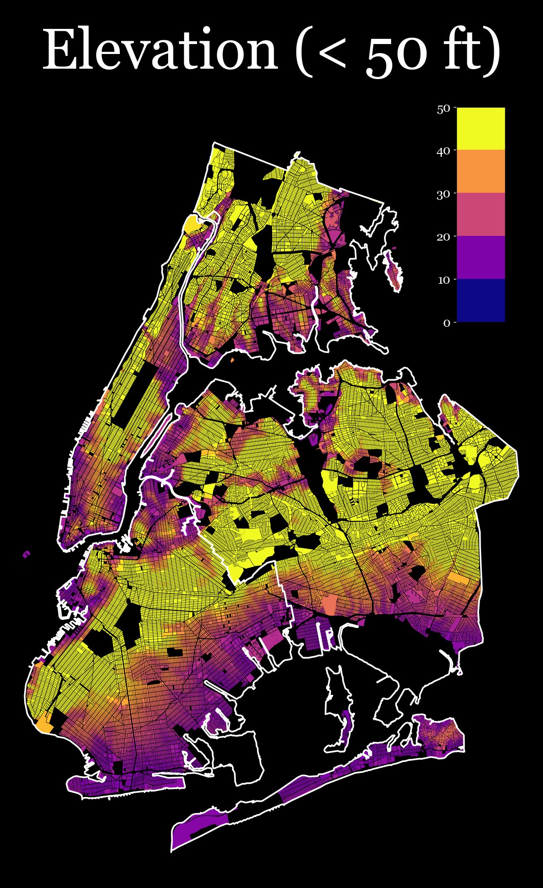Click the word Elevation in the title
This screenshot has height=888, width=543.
[x=160, y=50]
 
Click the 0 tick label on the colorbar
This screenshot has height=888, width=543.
[x=446, y=323]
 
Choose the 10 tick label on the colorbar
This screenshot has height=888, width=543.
[x=444, y=280]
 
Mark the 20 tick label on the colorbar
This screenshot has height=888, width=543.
[x=443, y=237]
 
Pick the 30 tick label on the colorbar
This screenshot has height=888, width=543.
[x=443, y=194]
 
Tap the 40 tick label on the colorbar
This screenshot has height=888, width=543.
[x=443, y=151]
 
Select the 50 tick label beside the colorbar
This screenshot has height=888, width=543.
[x=443, y=109]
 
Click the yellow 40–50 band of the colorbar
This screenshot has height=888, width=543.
[x=481, y=129]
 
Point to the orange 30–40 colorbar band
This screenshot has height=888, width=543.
[x=481, y=171]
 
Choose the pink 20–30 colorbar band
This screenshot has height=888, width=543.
[x=481, y=215]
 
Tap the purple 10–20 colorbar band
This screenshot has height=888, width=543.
[x=481, y=258]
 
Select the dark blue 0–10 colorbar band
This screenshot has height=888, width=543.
[x=481, y=301]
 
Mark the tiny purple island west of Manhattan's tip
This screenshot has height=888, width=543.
[x=27, y=554]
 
